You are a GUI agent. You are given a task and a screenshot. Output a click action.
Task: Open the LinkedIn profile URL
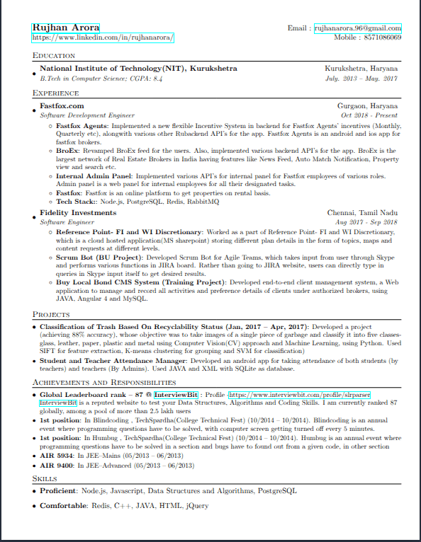[103, 38]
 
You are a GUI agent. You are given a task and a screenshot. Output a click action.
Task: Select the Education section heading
[54, 56]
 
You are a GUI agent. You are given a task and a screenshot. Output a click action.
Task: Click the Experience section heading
[56, 93]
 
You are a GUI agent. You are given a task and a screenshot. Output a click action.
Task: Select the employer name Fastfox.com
[62, 106]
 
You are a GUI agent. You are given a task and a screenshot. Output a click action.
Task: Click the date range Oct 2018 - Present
[369, 115]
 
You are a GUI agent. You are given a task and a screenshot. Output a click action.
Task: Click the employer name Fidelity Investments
[78, 212]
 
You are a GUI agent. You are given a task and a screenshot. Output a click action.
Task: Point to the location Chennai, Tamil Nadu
[362, 212]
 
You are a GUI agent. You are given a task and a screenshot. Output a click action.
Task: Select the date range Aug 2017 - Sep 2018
[368, 221]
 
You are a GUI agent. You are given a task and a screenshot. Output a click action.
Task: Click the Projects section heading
[51, 314]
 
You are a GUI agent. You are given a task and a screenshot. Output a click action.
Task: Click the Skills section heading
[45, 478]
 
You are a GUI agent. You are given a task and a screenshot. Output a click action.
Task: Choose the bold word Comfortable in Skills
[62, 506]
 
